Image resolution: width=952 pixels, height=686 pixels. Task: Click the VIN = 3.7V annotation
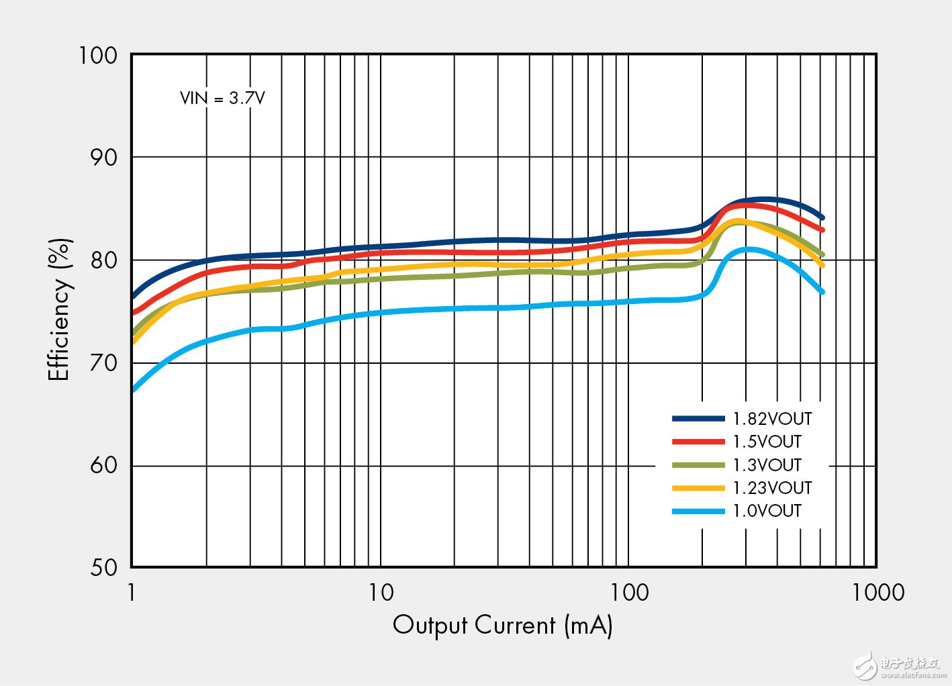(x=222, y=98)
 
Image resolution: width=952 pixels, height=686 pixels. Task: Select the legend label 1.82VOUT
(x=772, y=419)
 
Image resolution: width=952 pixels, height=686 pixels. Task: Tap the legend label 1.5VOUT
(x=767, y=442)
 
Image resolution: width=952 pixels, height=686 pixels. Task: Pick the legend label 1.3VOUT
(x=767, y=464)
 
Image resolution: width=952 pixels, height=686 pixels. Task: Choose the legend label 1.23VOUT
(x=772, y=488)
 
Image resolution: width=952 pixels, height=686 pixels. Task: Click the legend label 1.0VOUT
(x=767, y=511)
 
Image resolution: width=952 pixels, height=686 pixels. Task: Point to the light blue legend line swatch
(x=698, y=511)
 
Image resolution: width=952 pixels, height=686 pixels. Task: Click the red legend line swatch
(x=698, y=442)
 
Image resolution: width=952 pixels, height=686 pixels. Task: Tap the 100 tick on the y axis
(x=98, y=56)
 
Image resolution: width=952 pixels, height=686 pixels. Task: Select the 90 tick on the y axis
(x=103, y=158)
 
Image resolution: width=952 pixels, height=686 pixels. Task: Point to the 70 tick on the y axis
(x=103, y=363)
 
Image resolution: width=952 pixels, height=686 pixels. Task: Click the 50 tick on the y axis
(x=103, y=568)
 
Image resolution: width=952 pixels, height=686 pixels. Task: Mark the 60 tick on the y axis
(x=103, y=465)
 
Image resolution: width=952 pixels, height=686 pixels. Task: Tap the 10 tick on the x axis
(x=381, y=593)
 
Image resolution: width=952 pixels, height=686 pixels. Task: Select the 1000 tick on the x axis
(x=878, y=593)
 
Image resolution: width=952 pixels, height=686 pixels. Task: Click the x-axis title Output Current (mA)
(x=502, y=626)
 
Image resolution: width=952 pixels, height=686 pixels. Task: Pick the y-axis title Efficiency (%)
(x=59, y=309)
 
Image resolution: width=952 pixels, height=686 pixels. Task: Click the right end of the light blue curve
(x=822, y=292)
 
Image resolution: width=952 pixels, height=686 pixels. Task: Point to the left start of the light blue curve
(x=133, y=389)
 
